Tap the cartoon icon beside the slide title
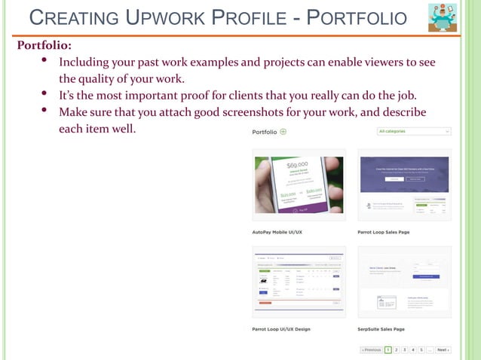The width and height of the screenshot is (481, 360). click(443, 18)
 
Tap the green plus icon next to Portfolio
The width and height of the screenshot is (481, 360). click(283, 131)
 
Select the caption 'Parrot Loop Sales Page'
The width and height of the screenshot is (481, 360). click(383, 232)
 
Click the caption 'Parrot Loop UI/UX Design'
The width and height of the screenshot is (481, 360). click(281, 329)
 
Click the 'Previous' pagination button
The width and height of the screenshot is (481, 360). click(371, 350)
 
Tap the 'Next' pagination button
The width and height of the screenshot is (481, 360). click(443, 350)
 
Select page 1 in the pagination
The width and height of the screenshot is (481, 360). click(388, 350)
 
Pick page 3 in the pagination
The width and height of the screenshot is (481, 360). click(405, 350)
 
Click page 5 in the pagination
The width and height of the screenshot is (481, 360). click(421, 350)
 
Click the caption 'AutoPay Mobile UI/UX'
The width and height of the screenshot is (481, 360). click(277, 232)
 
